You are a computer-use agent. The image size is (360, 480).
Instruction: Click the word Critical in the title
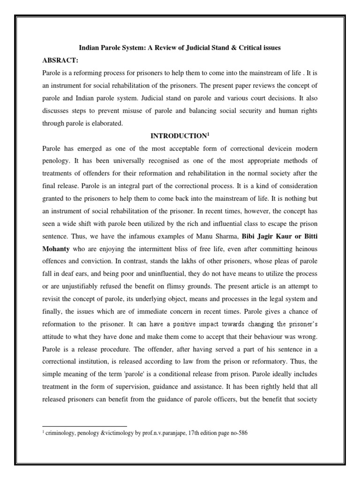[x=245, y=48]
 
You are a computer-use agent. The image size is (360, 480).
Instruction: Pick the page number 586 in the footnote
[x=242, y=434]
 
